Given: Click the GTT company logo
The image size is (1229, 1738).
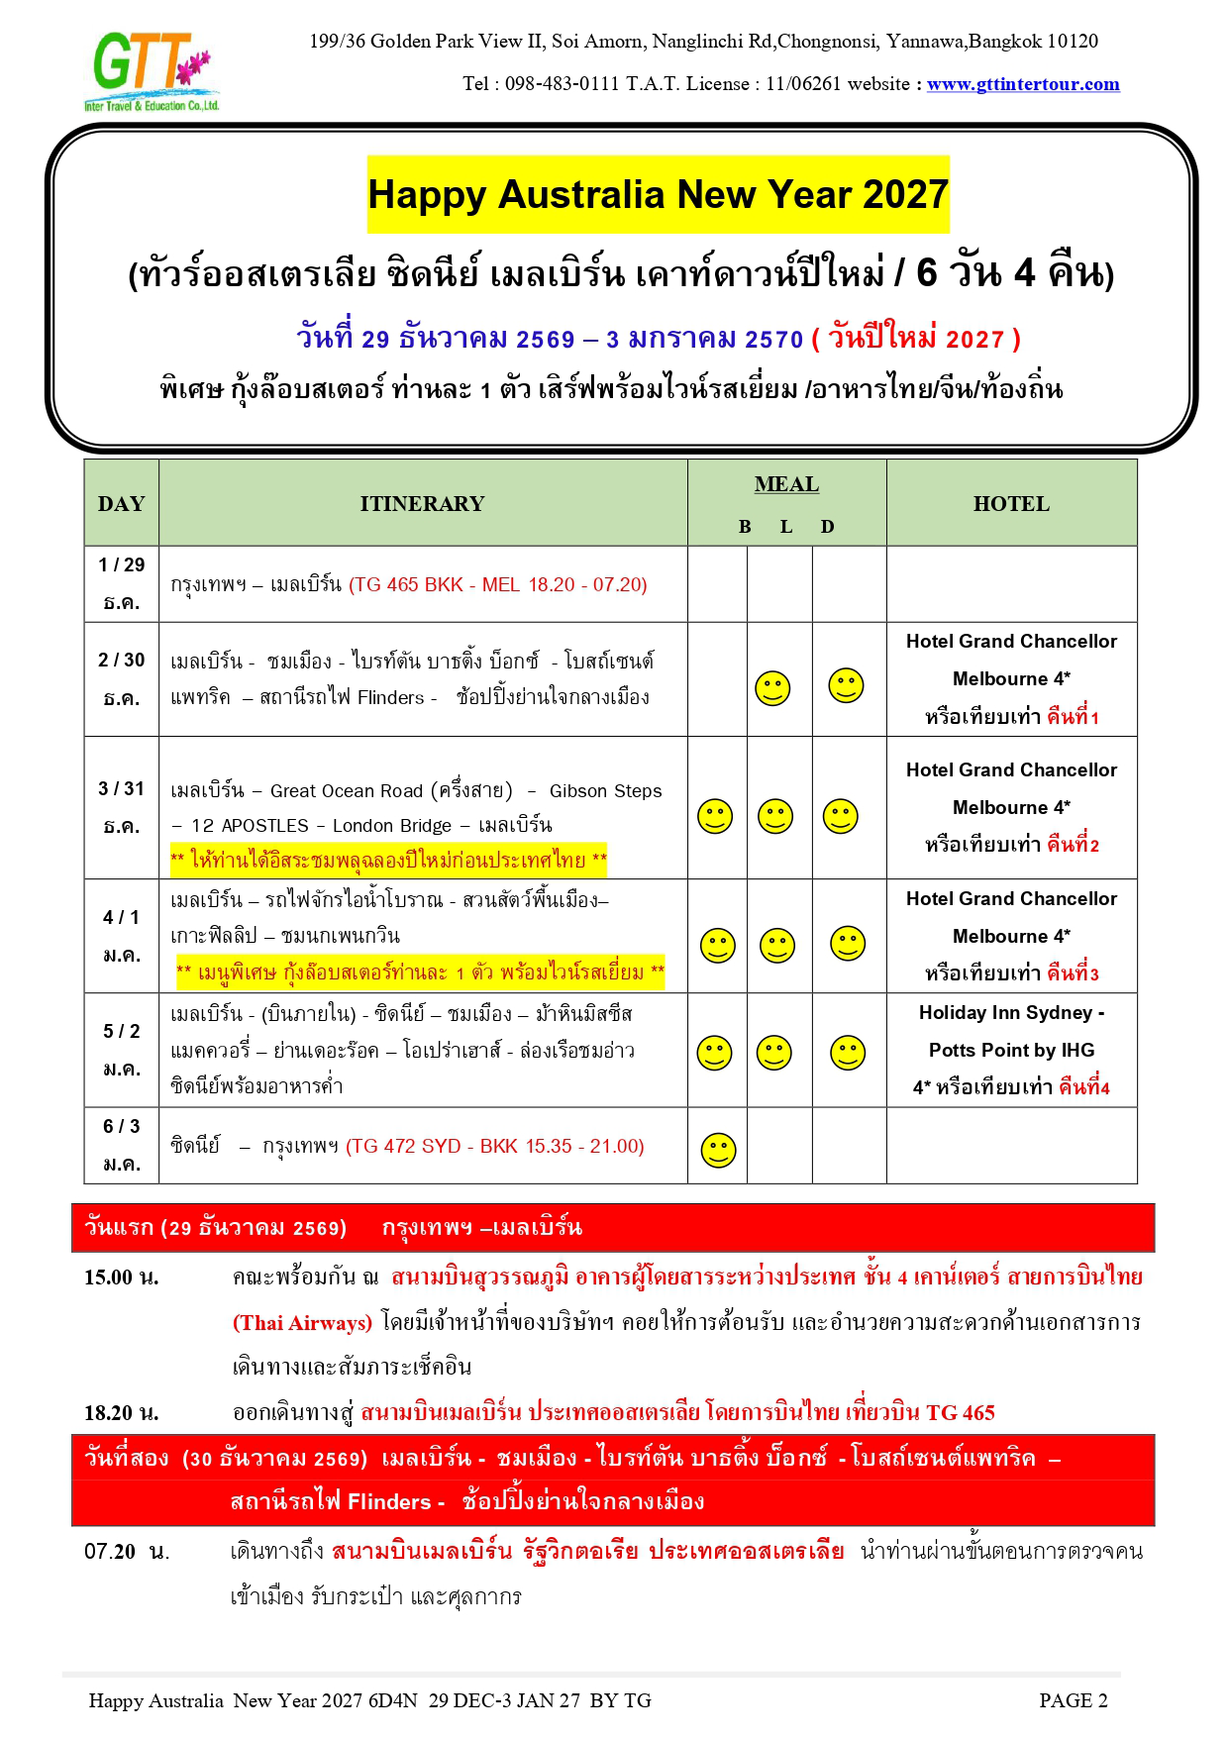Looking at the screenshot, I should pyautogui.click(x=151, y=71).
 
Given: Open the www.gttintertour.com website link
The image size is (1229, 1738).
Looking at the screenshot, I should pyautogui.click(x=1022, y=84).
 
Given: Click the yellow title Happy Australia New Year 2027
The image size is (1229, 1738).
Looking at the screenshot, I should pyautogui.click(x=658, y=194).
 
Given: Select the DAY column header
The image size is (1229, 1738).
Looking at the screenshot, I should pyautogui.click(x=121, y=503).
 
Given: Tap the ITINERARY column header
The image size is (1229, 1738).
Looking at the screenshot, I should pyautogui.click(x=422, y=503).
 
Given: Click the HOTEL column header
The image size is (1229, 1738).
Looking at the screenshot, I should pyautogui.click(x=1010, y=503).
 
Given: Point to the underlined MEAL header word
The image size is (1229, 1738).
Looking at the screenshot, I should pyautogui.click(x=786, y=484).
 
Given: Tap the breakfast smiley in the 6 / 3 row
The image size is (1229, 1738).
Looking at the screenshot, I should pyautogui.click(x=718, y=1150).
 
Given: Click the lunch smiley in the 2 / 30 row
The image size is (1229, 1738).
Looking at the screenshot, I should pyautogui.click(x=772, y=687).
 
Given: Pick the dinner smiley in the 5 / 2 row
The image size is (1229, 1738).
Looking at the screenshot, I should pyautogui.click(x=847, y=1053).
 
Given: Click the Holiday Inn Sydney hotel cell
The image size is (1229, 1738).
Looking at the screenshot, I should pyautogui.click(x=1010, y=1050).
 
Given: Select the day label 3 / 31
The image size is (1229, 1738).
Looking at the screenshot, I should pyautogui.click(x=121, y=788).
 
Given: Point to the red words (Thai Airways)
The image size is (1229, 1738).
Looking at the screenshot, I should pyautogui.click(x=302, y=1323).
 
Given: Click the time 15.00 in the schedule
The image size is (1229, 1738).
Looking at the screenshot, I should pyautogui.click(x=109, y=1278).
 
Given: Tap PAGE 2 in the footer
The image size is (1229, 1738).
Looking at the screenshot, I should pyautogui.click(x=1073, y=1700).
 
